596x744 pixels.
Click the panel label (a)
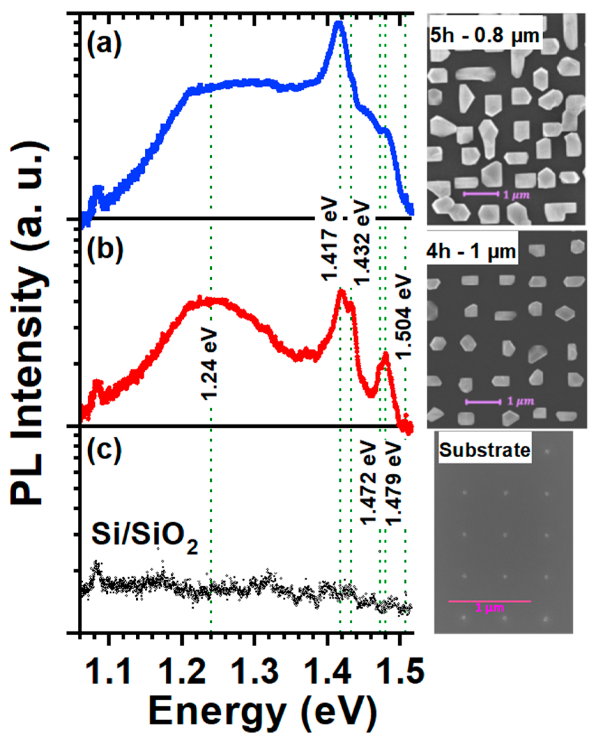pos(104,45)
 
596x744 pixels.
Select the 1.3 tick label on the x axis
pos(255,670)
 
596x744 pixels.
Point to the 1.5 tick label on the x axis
pos(401,670)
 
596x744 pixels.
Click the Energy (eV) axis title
pos(263,712)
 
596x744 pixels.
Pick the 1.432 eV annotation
pos(361,243)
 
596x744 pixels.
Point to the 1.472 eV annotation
pos(368,483)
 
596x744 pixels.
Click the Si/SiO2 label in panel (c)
pos(144,536)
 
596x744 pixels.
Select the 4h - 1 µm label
pos(471,251)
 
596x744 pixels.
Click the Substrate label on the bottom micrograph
pos(484,450)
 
